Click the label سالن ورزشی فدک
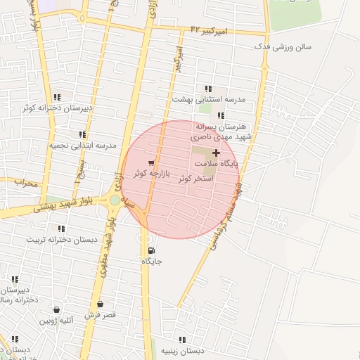click(285, 47)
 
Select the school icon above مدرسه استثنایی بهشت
click(207, 89)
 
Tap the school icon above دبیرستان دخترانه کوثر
click(57, 97)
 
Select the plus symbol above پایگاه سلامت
click(216, 153)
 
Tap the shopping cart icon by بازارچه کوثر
click(151, 163)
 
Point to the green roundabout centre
click(115, 200)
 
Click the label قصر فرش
click(101, 315)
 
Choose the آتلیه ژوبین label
click(56, 320)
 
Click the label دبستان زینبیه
click(182, 350)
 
